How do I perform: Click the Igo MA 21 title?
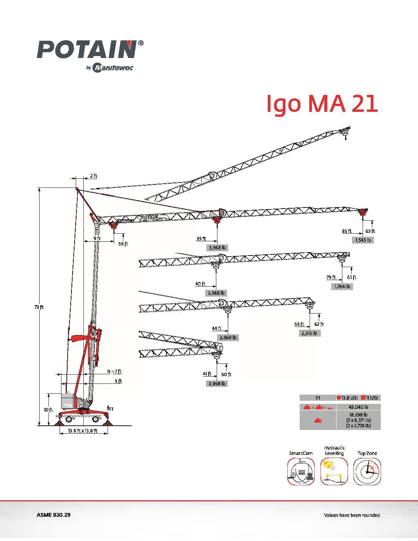[x=322, y=104]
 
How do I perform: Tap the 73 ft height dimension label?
[x=39, y=307]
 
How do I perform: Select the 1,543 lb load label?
[x=363, y=240]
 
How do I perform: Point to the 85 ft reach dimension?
[x=347, y=231]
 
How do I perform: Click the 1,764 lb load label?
[x=342, y=286]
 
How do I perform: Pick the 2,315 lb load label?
[x=309, y=333]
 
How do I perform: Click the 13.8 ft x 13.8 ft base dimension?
[x=82, y=431]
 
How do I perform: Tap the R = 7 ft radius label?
[x=114, y=371]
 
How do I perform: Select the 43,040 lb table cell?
[x=358, y=407]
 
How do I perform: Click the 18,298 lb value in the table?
[x=358, y=415]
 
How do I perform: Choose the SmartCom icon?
[x=301, y=471]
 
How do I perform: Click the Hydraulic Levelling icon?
[x=334, y=471]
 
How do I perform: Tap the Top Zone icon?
[x=367, y=471]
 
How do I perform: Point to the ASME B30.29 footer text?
[x=53, y=515]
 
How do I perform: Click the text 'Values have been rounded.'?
[x=352, y=515]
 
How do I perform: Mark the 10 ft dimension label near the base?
[x=48, y=410]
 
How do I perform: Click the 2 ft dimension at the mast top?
[x=93, y=176]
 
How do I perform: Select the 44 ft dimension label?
[x=217, y=328]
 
